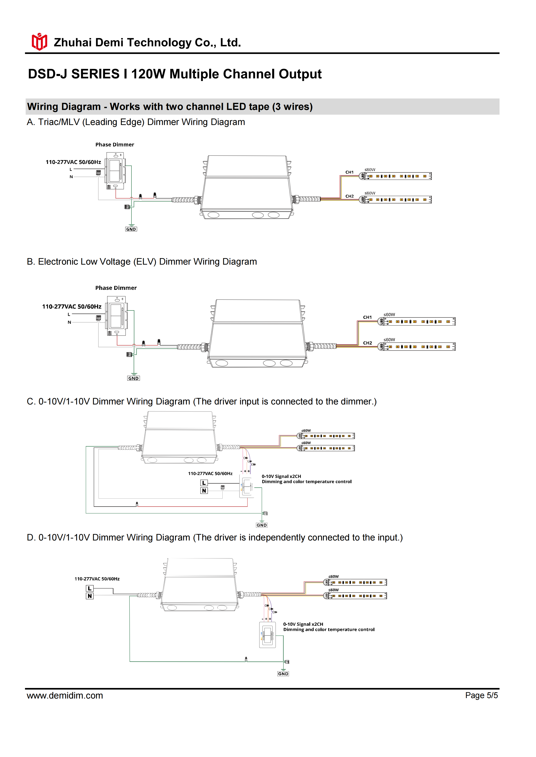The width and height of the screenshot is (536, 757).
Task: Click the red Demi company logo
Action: point(39,42)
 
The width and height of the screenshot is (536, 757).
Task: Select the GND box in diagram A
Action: point(131,229)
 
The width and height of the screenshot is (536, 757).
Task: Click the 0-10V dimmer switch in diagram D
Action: point(267,635)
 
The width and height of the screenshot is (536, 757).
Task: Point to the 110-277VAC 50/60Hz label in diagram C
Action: point(210,473)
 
